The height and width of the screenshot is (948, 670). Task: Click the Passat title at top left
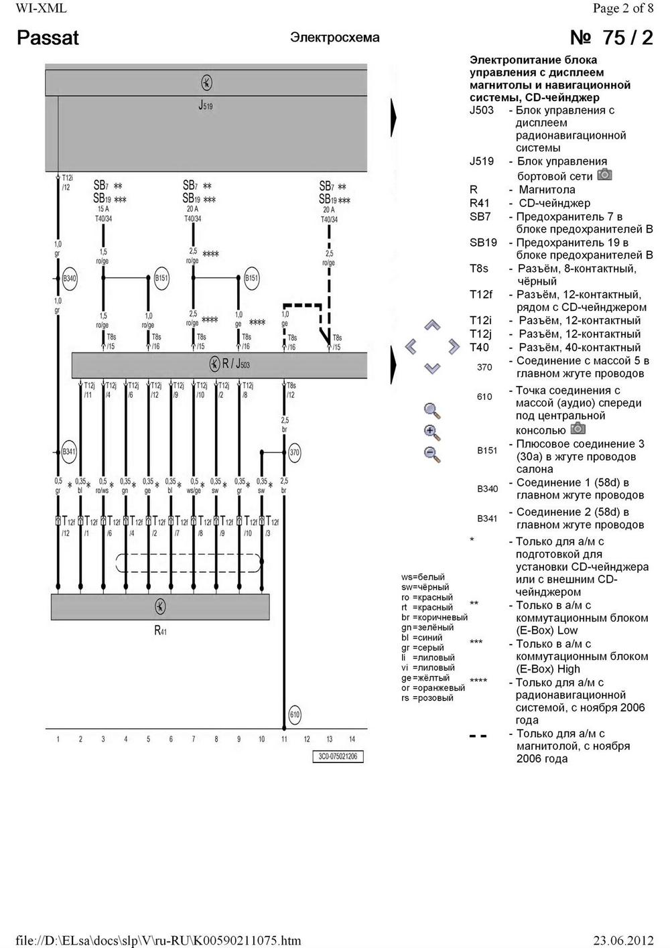48,38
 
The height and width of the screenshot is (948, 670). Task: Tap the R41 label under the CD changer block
160,630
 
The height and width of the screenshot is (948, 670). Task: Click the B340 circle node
70,279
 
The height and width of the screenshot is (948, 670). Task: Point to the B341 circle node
69,452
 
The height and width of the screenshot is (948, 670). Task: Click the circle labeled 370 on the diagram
295,452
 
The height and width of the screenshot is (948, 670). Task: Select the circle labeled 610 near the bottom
295,715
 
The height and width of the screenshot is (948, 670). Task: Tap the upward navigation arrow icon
432,326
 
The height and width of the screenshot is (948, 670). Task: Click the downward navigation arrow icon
432,368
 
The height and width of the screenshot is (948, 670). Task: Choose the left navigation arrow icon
411,346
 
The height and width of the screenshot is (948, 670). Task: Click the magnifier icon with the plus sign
432,432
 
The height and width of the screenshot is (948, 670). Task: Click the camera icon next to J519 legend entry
604,174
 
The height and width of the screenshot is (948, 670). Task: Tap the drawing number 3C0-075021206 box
337,756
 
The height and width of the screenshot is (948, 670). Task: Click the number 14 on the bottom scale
352,739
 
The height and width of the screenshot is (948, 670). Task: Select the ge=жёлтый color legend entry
425,678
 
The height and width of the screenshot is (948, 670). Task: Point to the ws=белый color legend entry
423,577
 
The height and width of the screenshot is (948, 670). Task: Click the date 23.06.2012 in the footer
623,941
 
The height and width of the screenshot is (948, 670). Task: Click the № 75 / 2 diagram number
610,38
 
